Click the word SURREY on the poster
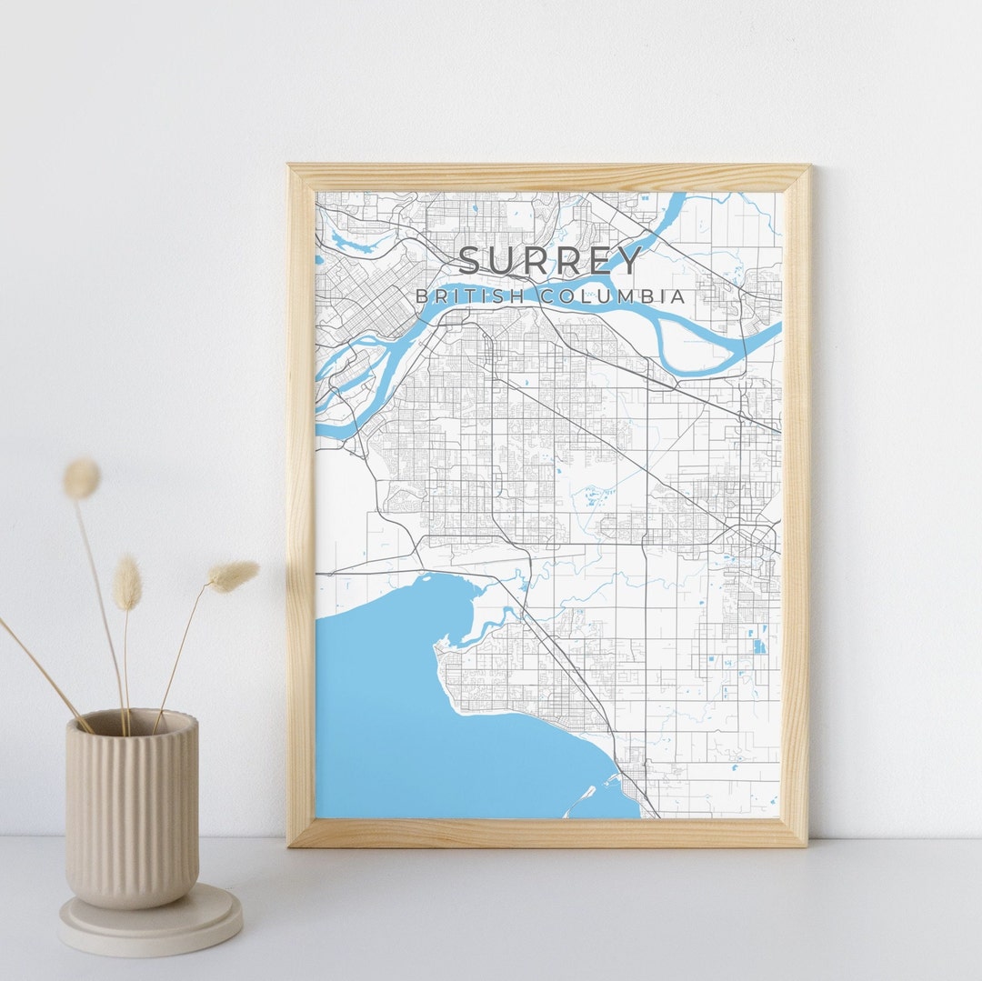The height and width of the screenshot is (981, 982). (550, 261)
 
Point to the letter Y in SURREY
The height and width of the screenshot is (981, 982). (627, 261)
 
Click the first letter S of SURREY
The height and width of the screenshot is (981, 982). (473, 261)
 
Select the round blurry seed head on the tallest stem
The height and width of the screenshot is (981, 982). (82, 478)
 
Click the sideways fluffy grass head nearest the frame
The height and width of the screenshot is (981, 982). (233, 574)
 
